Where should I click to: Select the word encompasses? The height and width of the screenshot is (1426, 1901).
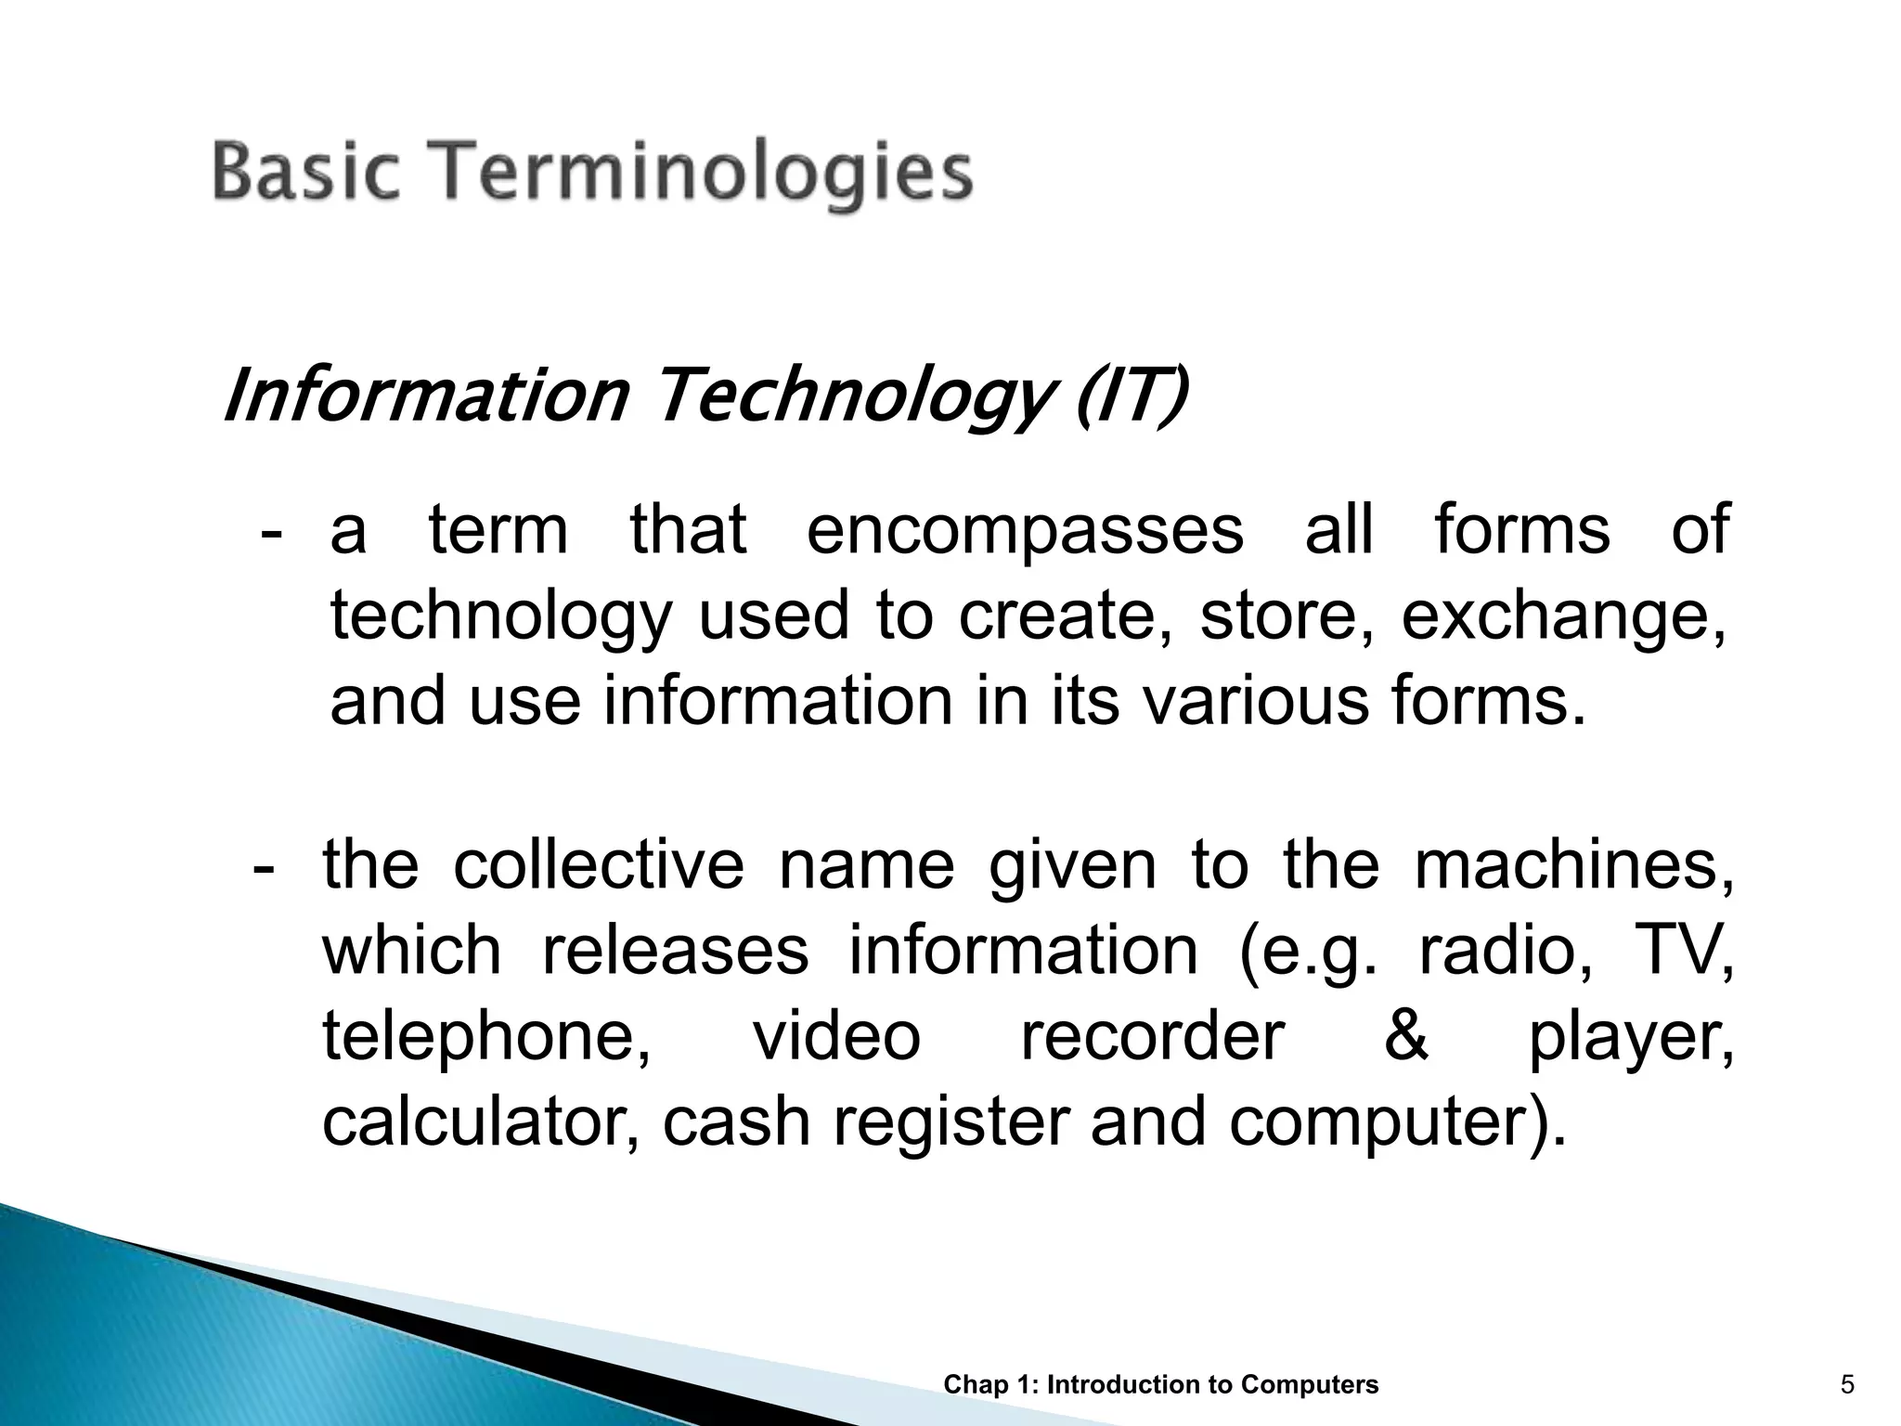pos(1025,530)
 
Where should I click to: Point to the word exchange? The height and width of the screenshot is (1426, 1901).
pos(1562,616)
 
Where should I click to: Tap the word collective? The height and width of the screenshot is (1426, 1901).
pos(599,865)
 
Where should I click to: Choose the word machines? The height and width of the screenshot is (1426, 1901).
pos(1572,865)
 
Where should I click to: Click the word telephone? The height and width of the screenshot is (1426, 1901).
pos(487,1037)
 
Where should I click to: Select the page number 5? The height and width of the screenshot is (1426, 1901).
pos(1847,1385)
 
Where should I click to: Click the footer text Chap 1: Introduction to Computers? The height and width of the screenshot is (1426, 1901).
pos(1160,1385)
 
